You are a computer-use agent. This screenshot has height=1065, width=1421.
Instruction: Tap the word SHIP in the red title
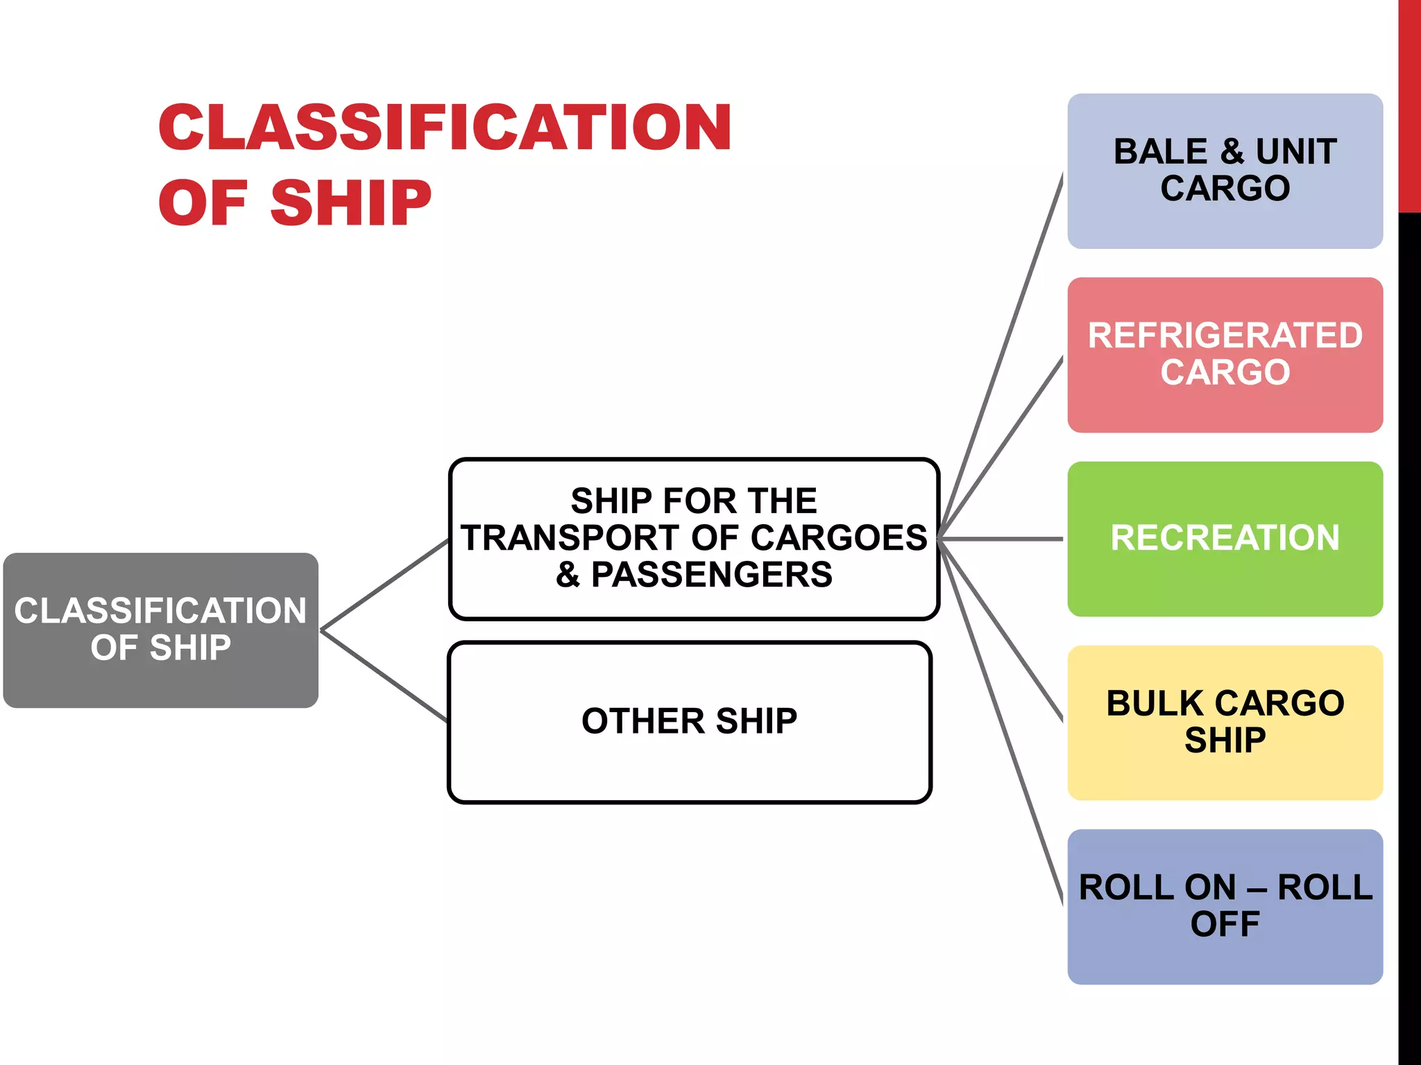[350, 203]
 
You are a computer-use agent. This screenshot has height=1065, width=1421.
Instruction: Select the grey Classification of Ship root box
[160, 630]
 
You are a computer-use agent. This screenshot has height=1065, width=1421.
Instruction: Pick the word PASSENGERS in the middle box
[711, 575]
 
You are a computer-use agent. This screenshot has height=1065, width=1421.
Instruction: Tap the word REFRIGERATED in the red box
[1225, 336]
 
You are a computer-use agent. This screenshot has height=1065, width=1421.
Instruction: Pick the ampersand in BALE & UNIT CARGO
[1232, 152]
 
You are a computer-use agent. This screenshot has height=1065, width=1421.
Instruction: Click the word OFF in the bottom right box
[1225, 924]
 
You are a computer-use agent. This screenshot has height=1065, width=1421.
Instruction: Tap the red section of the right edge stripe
[1409, 104]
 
